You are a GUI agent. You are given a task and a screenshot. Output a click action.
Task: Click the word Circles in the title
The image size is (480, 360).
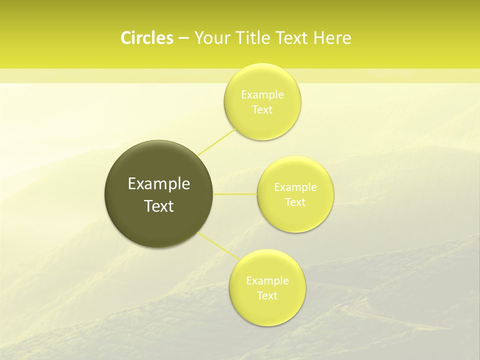click(146, 38)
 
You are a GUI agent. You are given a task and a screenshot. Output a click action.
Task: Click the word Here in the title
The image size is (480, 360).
click(332, 38)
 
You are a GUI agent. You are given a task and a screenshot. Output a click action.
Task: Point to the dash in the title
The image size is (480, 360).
click(183, 38)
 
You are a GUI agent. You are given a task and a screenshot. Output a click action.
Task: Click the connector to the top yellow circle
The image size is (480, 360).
click(216, 141)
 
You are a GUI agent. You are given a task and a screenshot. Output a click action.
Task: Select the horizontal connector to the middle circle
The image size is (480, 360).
click(235, 194)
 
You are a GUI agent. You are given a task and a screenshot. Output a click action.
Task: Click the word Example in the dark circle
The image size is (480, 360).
click(159, 184)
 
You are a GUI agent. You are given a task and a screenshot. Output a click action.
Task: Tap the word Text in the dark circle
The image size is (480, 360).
click(159, 206)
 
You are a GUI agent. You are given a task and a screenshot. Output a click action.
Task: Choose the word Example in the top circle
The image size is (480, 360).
click(262, 95)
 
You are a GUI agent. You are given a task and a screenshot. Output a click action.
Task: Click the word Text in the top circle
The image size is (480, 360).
click(262, 109)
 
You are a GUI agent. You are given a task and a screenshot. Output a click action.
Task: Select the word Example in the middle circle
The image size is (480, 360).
click(295, 187)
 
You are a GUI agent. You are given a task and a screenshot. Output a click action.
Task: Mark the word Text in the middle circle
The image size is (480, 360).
click(295, 202)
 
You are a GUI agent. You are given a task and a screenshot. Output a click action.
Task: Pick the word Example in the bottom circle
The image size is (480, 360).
click(267, 281)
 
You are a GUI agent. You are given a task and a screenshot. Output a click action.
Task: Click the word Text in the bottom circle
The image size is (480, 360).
click(267, 295)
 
